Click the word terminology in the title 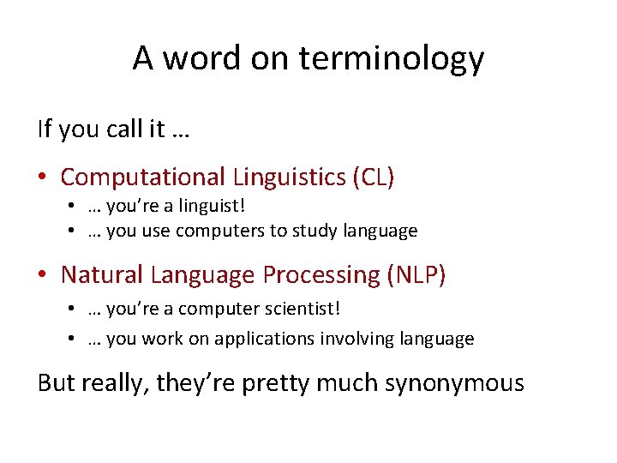click(392, 59)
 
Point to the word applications click(265, 339)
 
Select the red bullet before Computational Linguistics click(42, 177)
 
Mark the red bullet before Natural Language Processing click(42, 275)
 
